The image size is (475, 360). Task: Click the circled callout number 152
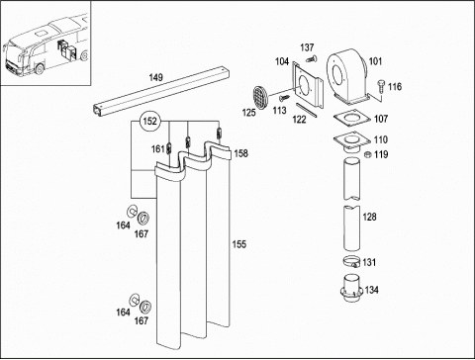pyautogui.click(x=149, y=121)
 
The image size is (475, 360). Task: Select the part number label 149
pyautogui.click(x=155, y=77)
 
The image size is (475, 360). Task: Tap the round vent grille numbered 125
pyautogui.click(x=261, y=98)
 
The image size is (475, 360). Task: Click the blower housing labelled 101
pyautogui.click(x=347, y=75)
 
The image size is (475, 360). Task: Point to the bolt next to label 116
pyautogui.click(x=381, y=85)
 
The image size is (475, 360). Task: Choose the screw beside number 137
pyautogui.click(x=311, y=59)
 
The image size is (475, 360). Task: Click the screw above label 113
pyautogui.click(x=284, y=98)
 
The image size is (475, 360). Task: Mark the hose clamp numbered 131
pyautogui.click(x=352, y=262)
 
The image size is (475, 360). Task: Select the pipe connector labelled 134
pyautogui.click(x=351, y=288)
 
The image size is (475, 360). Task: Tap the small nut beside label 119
pyautogui.click(x=367, y=154)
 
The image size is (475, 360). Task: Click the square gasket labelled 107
pyautogui.click(x=351, y=119)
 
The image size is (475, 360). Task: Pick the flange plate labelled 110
pyautogui.click(x=351, y=141)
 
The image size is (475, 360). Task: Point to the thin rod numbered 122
pyautogui.click(x=307, y=110)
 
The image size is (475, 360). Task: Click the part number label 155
pyautogui.click(x=239, y=244)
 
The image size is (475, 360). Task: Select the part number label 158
pyautogui.click(x=241, y=153)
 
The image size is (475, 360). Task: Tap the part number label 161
pyautogui.click(x=157, y=149)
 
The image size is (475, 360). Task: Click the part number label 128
pyautogui.click(x=369, y=217)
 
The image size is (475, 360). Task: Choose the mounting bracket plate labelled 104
pyautogui.click(x=307, y=85)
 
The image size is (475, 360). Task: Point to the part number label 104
pyautogui.click(x=282, y=61)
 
